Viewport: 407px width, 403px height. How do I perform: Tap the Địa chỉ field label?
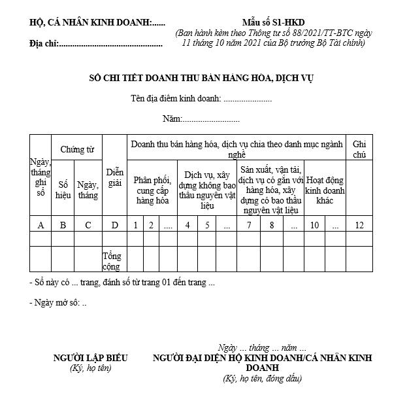44,44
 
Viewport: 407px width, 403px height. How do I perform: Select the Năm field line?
201,119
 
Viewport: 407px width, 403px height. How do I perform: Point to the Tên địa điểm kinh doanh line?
201,99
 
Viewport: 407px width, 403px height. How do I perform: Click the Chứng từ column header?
77,149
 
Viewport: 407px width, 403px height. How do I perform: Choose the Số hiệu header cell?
63,190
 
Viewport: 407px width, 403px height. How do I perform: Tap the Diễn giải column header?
114,177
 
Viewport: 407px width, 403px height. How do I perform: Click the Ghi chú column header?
359,149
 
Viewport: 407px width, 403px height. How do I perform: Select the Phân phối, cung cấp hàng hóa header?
152,190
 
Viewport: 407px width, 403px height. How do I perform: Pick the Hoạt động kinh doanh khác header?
326,190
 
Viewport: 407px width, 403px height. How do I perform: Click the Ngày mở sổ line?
58,303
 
